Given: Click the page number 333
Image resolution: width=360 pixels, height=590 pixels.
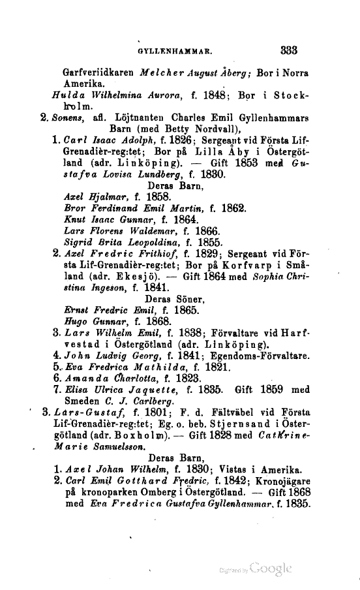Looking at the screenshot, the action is pos(288,48).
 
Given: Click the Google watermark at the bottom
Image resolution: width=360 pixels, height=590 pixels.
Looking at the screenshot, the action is pos(263,567).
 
